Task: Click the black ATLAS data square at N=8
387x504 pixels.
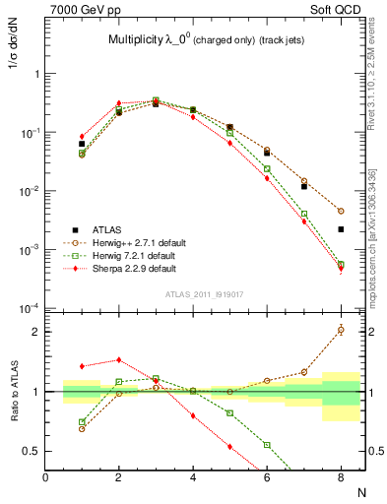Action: click(341, 229)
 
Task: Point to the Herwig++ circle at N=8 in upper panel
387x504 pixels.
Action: click(341, 211)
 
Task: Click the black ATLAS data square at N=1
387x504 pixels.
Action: click(82, 144)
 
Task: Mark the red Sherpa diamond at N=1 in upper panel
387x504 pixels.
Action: click(82, 136)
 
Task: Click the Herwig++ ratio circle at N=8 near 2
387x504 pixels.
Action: click(341, 330)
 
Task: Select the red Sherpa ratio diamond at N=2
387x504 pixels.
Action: click(118, 360)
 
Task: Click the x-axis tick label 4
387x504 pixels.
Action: click(193, 476)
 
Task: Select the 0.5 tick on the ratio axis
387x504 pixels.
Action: click(33, 451)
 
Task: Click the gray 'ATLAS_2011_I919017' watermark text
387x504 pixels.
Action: click(204, 294)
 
